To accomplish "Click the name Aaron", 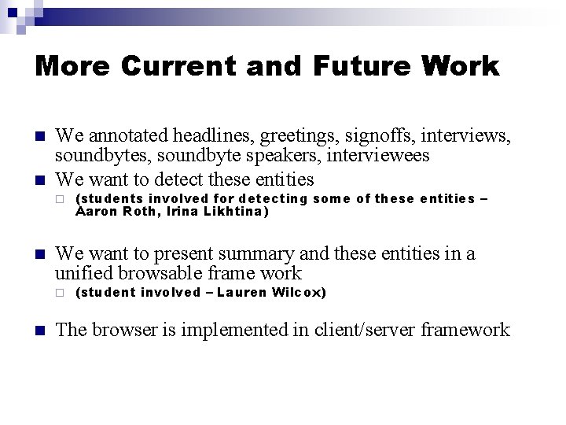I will point(96,212).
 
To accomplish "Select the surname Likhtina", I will point(236,212).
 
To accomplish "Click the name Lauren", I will point(241,293).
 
